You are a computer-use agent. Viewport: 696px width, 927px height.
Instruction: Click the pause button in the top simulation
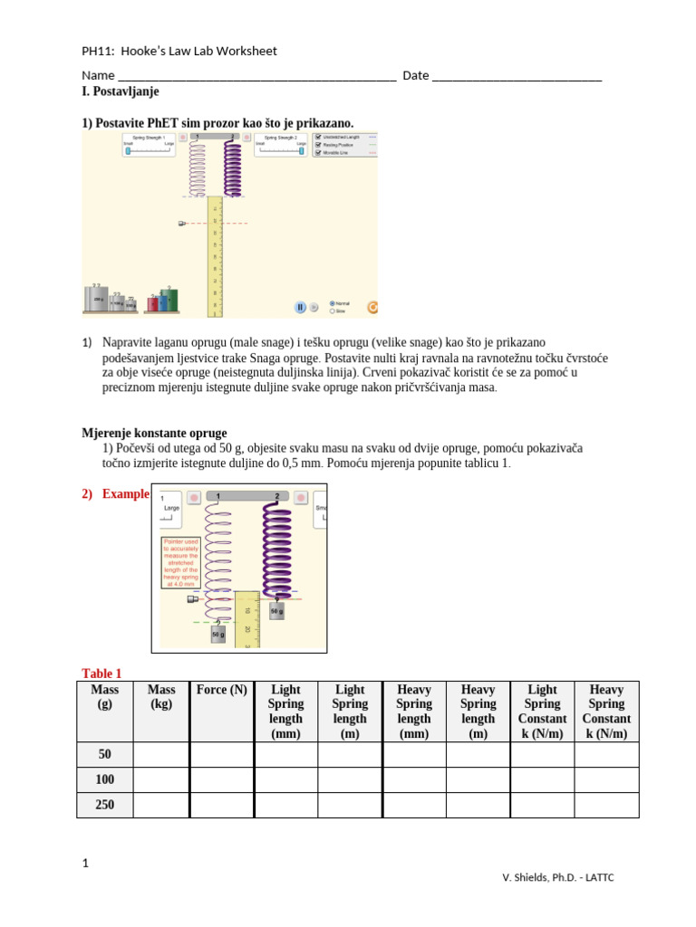(300, 307)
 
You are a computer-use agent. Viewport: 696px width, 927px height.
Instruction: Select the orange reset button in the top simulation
(372, 307)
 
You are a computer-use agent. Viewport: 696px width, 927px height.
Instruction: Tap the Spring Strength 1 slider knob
(128, 151)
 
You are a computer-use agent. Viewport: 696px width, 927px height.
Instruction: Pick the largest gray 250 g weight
(96, 298)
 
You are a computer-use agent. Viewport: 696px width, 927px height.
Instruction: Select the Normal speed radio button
(332, 302)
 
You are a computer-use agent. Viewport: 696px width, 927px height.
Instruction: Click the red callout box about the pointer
(180, 562)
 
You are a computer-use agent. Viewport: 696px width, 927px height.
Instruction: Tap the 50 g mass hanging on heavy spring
(276, 612)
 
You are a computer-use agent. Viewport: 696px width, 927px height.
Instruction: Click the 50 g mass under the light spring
(217, 635)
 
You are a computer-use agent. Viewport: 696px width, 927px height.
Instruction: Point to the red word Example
(125, 494)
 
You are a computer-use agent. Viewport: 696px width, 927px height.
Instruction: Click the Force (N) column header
(221, 690)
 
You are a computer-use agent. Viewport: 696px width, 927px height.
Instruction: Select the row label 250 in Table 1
(105, 805)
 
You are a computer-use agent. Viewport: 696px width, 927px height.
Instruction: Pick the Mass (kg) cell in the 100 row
(161, 779)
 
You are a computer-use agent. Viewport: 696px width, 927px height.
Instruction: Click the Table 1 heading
(101, 674)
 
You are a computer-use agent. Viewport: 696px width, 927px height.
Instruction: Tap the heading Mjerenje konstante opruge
(154, 433)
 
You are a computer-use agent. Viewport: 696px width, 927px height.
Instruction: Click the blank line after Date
(517, 76)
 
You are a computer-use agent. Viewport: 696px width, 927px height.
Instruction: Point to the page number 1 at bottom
(85, 864)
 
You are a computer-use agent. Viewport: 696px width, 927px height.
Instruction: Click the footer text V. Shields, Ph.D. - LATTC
(558, 877)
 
